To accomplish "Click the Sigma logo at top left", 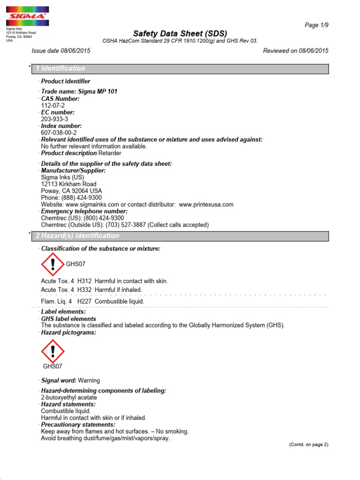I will click(x=27, y=16).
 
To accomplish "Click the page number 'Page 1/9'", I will click(x=317, y=25).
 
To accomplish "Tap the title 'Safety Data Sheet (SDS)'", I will click(x=180, y=33).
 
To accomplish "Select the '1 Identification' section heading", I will click(x=60, y=68).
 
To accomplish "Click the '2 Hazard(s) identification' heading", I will click(x=77, y=236).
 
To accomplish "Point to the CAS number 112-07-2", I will click(x=51, y=105).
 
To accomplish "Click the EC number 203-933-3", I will click(x=54, y=119).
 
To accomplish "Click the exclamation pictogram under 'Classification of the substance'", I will click(x=52, y=264).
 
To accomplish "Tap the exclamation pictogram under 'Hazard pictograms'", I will click(x=52, y=352).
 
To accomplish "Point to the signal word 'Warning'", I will click(x=89, y=381).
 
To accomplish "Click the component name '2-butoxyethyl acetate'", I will click(x=69, y=397).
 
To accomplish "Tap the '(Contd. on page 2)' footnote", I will click(x=308, y=444).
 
